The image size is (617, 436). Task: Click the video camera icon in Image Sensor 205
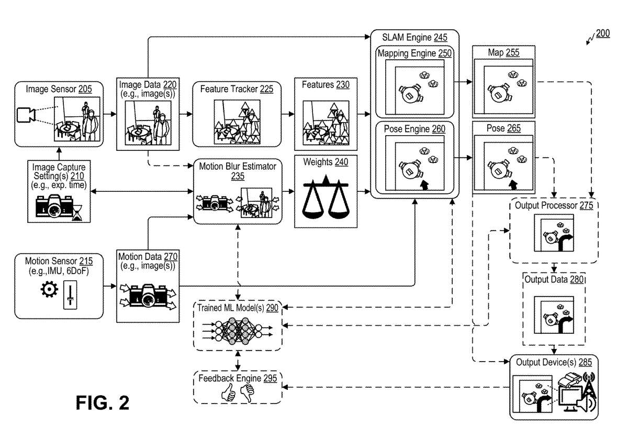[26, 115]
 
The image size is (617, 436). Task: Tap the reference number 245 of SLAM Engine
[440, 37]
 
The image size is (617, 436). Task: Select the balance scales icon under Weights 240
[326, 199]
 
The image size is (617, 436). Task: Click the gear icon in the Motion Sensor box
[50, 290]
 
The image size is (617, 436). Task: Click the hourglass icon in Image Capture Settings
[77, 212]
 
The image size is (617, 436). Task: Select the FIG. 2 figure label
[102, 403]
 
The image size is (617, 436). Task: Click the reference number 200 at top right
[602, 34]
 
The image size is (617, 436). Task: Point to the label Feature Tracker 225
[237, 89]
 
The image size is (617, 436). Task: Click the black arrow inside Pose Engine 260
[424, 184]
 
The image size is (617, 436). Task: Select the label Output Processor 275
[554, 205]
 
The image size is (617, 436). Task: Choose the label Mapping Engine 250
[414, 53]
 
